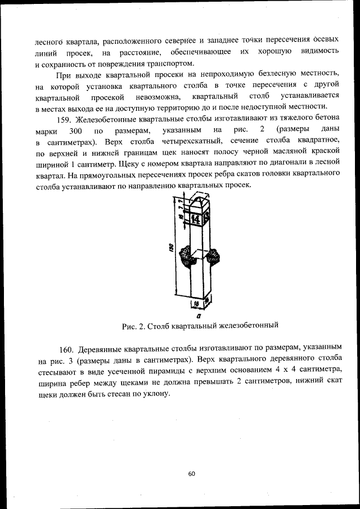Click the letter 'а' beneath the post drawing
click(x=199, y=317)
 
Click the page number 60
click(x=191, y=474)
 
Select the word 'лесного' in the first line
click(x=48, y=41)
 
